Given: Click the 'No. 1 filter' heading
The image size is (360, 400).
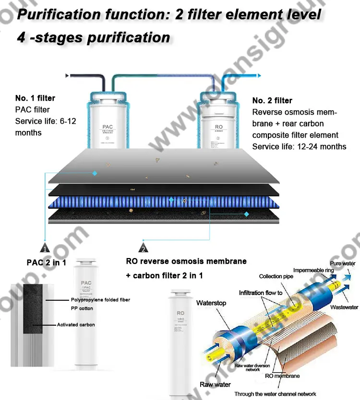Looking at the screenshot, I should (x=35, y=98).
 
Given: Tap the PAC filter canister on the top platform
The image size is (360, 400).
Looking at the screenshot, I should (x=108, y=120).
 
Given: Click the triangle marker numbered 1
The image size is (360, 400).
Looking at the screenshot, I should (x=44, y=248).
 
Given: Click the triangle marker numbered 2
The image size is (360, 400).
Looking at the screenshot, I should (x=143, y=248).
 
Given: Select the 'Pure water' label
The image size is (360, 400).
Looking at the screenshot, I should (x=342, y=264).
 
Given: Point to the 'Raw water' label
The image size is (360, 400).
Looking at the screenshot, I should (x=215, y=385).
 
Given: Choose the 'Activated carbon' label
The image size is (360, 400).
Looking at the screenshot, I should (x=76, y=325).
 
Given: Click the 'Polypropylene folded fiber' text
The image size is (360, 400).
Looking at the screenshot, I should (x=101, y=300).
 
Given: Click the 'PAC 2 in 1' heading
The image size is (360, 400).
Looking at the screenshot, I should (x=46, y=262).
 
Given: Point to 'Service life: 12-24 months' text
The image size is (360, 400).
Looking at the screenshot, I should (x=299, y=146).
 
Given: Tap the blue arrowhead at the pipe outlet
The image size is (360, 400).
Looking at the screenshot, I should (x=259, y=75).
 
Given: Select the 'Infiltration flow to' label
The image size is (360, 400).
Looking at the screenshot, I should (x=261, y=293).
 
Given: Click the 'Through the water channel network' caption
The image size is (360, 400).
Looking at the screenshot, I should (x=275, y=394).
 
